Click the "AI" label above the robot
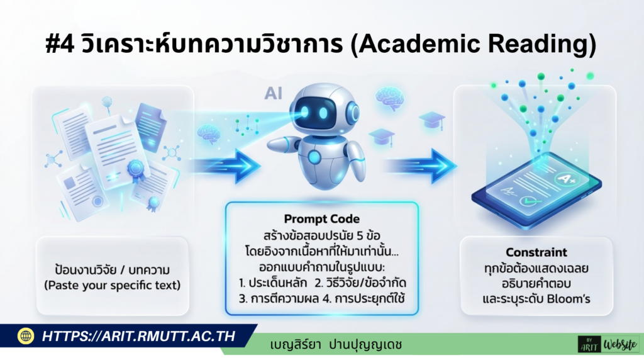(x=273, y=95)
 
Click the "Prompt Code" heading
(x=321, y=218)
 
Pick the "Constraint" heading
(x=536, y=252)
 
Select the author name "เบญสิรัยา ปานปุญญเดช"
(x=336, y=345)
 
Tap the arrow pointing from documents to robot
(x=226, y=165)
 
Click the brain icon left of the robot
(x=208, y=133)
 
